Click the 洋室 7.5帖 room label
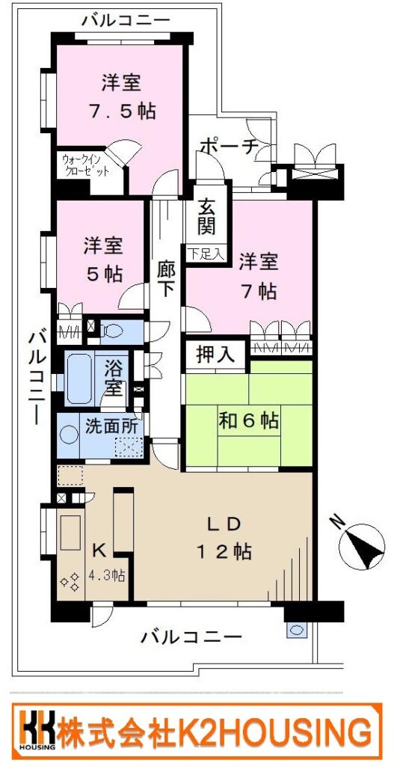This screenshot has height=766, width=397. click(x=122, y=97)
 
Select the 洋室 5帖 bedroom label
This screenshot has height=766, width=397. click(x=102, y=260)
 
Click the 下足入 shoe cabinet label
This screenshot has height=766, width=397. click(x=206, y=254)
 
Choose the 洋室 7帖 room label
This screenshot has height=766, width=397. click(x=259, y=277)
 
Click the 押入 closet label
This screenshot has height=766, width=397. click(x=213, y=353)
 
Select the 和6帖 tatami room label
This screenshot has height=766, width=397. click(x=248, y=420)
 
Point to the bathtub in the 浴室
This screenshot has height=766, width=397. click(x=79, y=379)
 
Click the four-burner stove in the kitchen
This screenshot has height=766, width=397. click(x=70, y=580)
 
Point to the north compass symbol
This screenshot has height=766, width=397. click(x=361, y=545)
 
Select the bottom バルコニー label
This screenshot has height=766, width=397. click(x=191, y=637)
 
